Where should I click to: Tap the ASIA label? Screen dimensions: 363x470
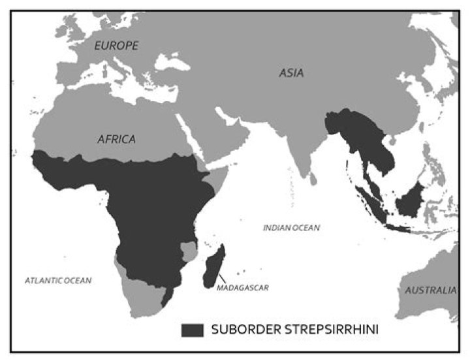tap(291, 72)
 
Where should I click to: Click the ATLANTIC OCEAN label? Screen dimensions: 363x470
tap(58, 280)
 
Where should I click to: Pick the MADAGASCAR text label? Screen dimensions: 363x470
tap(243, 286)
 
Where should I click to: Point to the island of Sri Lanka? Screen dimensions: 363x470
tap(313, 176)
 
